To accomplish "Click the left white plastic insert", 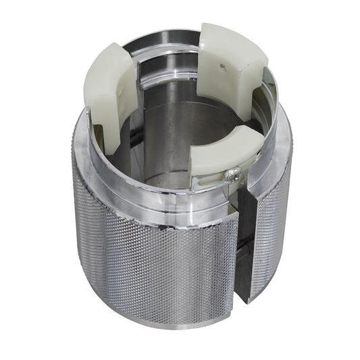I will coord(108,95).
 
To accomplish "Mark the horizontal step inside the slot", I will coord(245,223).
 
